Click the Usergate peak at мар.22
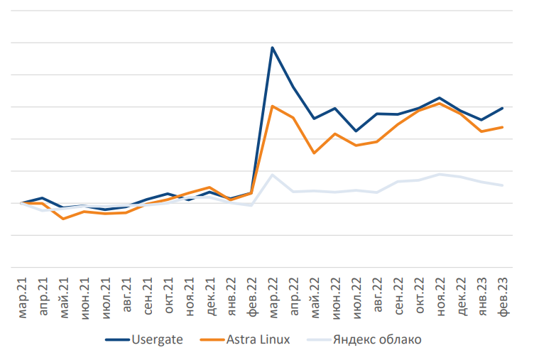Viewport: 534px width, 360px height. coord(272,48)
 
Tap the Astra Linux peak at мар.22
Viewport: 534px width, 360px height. coord(272,106)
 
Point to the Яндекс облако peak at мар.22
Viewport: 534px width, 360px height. coord(272,175)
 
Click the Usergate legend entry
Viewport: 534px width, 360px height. coord(157,339)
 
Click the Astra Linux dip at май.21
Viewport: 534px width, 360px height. coord(64,219)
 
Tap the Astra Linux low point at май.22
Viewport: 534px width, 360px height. coord(314,153)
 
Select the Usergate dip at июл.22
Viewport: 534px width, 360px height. coord(356,131)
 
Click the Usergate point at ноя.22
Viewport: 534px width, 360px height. coord(440,98)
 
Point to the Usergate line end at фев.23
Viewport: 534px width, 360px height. coord(503,108)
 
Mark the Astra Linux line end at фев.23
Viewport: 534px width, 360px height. coord(503,127)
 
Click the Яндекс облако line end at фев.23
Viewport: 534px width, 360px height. coord(503,185)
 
